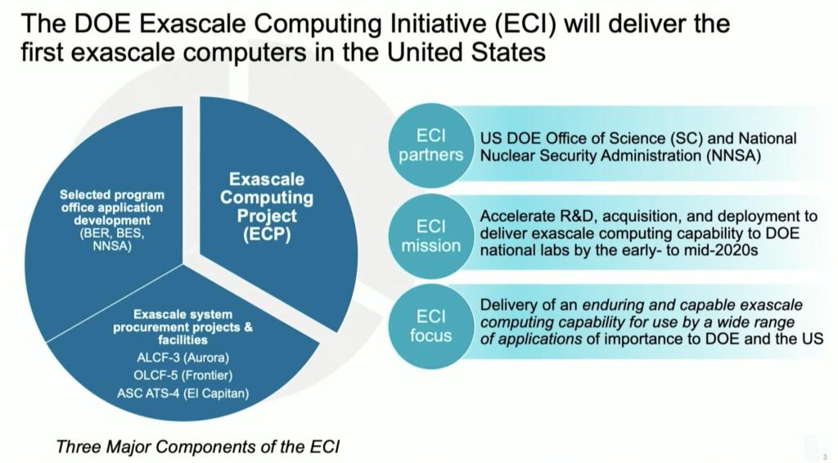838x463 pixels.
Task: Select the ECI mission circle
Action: click(x=430, y=235)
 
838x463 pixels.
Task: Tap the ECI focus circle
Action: click(x=430, y=325)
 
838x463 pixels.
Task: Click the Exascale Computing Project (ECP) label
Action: click(x=267, y=207)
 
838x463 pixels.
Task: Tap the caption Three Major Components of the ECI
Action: click(x=197, y=447)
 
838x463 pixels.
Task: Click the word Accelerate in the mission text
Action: click(x=517, y=217)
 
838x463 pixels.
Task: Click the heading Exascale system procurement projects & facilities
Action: click(x=183, y=327)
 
